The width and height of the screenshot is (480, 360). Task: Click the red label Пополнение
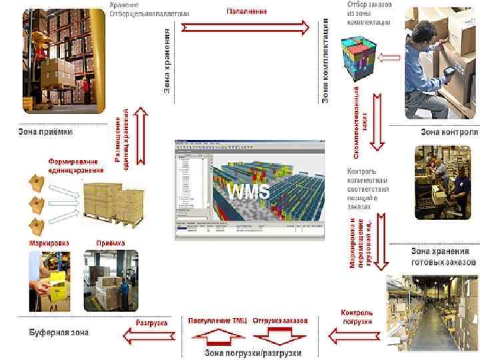click(x=247, y=11)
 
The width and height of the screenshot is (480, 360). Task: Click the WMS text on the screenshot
click(x=249, y=192)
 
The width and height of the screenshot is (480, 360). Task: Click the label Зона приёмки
click(x=45, y=131)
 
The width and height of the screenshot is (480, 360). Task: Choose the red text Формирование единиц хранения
click(x=73, y=165)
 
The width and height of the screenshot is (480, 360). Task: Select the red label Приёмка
click(x=111, y=243)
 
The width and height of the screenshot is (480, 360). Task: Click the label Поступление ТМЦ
click(x=217, y=321)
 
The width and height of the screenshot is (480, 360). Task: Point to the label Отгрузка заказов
click(x=280, y=321)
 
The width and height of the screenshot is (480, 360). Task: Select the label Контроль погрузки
click(x=357, y=316)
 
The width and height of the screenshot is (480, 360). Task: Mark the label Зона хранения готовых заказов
click(x=444, y=257)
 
